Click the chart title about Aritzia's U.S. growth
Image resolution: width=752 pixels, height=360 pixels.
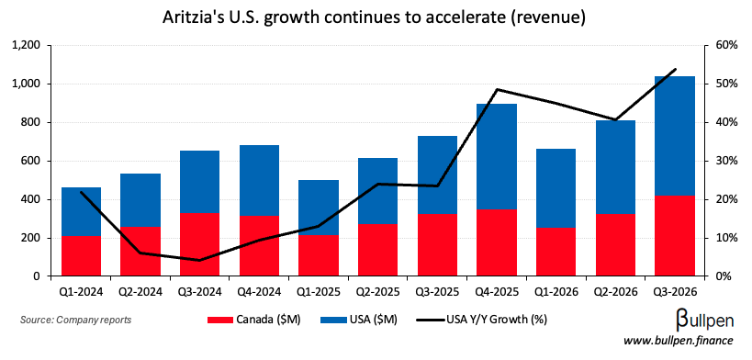[376, 17]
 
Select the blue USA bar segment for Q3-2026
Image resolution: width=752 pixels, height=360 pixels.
[675, 136]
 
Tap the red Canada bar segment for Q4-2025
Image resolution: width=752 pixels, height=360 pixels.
[496, 242]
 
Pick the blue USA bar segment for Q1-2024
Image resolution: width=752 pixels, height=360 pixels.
[81, 212]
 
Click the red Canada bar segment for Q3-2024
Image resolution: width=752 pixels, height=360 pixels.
[199, 244]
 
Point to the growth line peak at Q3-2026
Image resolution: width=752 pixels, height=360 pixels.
[675, 70]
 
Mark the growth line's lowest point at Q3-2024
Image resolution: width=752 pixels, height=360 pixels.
[199, 260]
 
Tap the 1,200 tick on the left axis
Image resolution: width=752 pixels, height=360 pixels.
[26, 45]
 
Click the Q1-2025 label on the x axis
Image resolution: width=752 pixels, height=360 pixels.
[318, 293]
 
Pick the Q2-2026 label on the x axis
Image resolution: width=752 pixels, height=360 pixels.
[615, 293]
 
